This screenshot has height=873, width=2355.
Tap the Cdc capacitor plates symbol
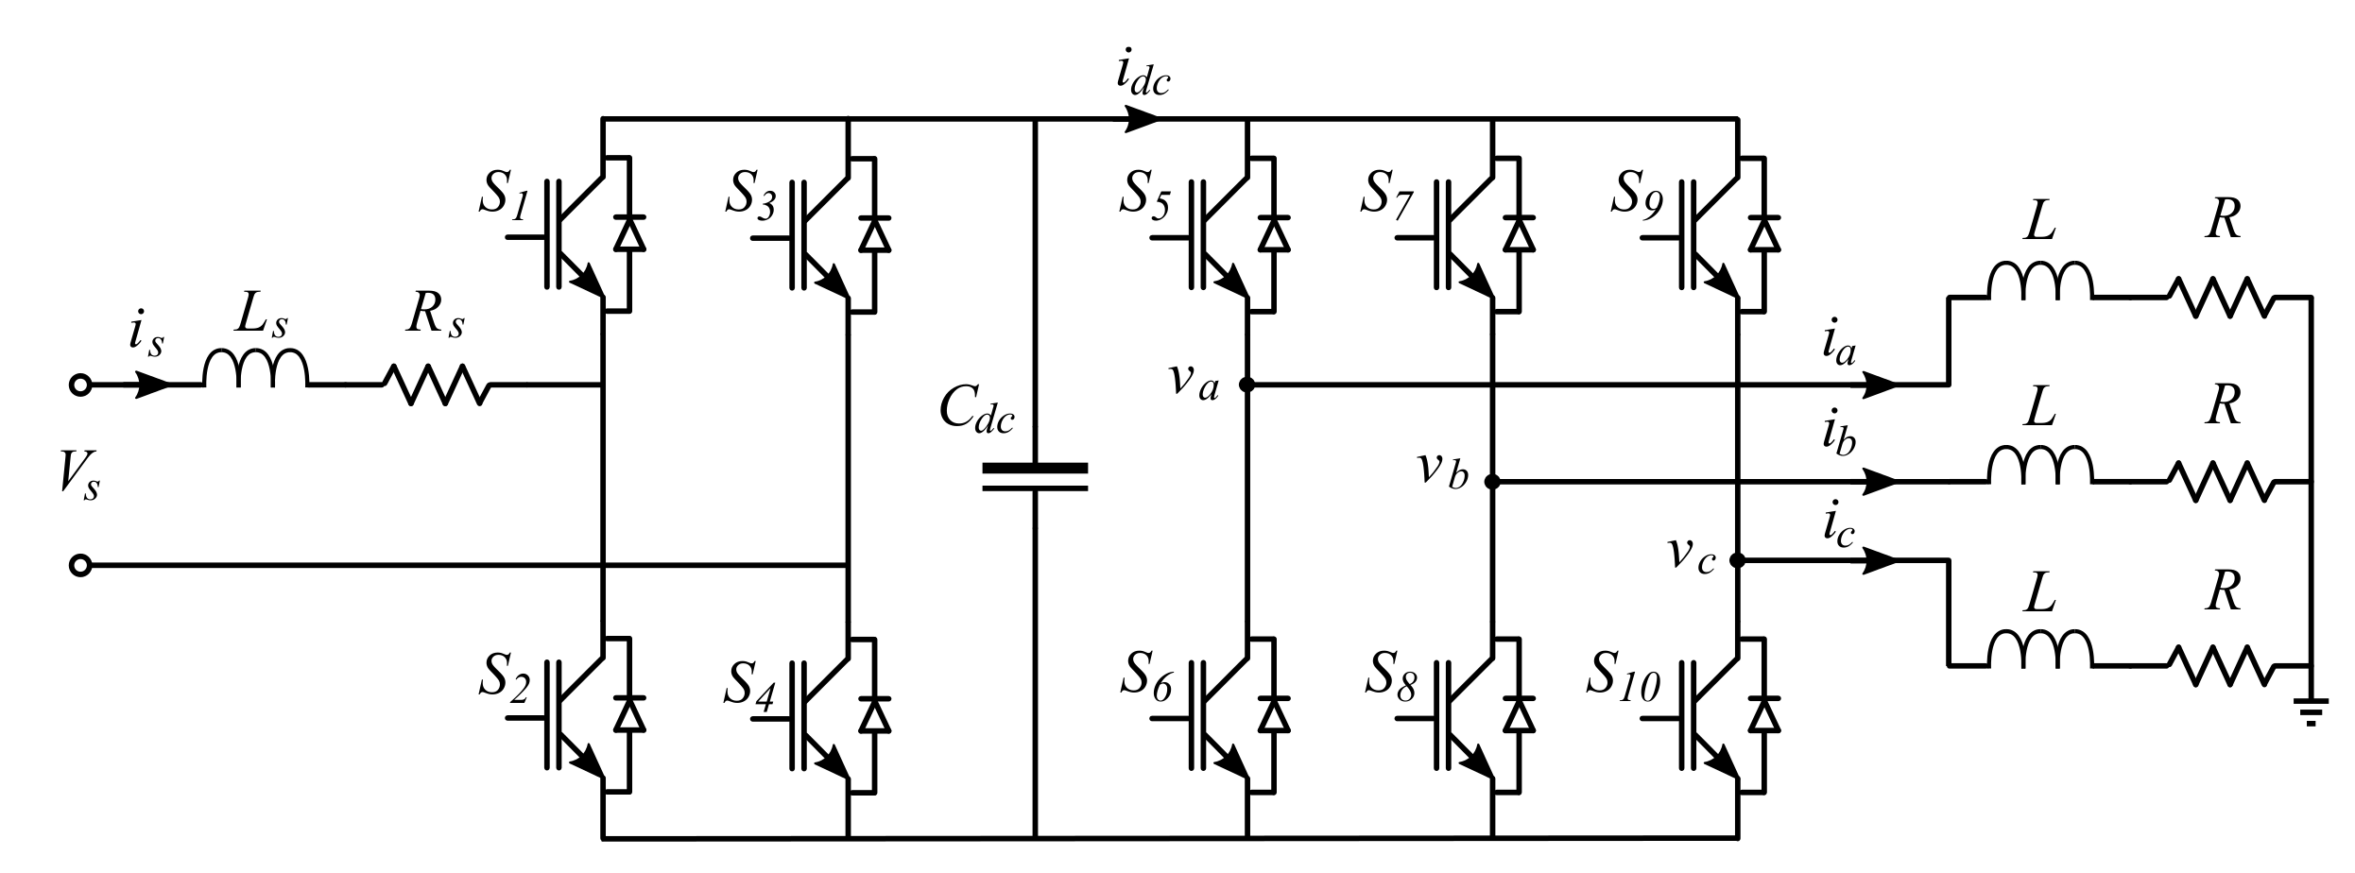[x=1035, y=477]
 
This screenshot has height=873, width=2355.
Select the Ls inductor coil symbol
[x=255, y=369]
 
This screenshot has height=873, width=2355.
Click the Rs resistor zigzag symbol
[x=436, y=385]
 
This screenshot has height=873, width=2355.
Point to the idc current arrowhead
[x=1143, y=119]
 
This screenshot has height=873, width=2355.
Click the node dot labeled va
[x=1246, y=385]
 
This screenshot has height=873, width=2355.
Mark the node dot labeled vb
[x=1492, y=482]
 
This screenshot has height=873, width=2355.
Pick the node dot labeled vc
[x=1736, y=560]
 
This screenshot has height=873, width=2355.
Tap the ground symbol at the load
[x=2311, y=714]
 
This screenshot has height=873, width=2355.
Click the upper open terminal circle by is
[x=81, y=385]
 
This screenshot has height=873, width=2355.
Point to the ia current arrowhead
[x=1880, y=385]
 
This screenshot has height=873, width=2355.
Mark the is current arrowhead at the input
[x=153, y=385]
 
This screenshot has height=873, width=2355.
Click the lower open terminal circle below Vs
[x=81, y=566]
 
